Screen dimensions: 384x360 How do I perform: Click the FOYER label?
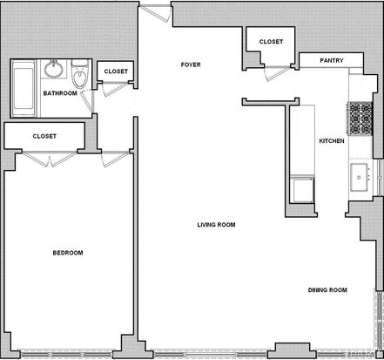pyautogui.click(x=191, y=65)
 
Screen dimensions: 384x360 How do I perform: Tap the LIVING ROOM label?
pyautogui.click(x=216, y=225)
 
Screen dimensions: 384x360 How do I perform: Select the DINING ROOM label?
pyautogui.click(x=327, y=289)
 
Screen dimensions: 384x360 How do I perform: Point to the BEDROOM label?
pyautogui.click(x=68, y=253)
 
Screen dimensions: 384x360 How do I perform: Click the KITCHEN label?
pyautogui.click(x=332, y=141)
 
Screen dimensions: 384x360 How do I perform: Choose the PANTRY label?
pyautogui.click(x=332, y=60)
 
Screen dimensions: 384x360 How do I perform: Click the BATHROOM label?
pyautogui.click(x=60, y=93)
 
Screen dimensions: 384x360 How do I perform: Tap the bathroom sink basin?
pyautogui.click(x=53, y=69)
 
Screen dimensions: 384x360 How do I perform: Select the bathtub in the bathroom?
pyautogui.click(x=24, y=88)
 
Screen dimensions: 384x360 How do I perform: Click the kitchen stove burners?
pyautogui.click(x=360, y=119)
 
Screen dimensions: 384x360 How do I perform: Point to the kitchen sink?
pyautogui.click(x=360, y=177)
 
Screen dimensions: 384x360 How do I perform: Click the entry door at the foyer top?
pyautogui.click(x=155, y=13)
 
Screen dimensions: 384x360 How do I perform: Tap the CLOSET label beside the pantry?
pyautogui.click(x=271, y=42)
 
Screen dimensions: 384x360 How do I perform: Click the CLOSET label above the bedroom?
pyautogui.click(x=44, y=136)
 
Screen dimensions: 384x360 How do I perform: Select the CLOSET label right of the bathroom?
pyautogui.click(x=116, y=71)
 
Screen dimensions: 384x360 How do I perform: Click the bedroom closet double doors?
pyautogui.click(x=50, y=160)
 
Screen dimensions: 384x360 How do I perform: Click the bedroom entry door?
pyautogui.click(x=115, y=160)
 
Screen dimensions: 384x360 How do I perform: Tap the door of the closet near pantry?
pyautogui.click(x=278, y=73)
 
